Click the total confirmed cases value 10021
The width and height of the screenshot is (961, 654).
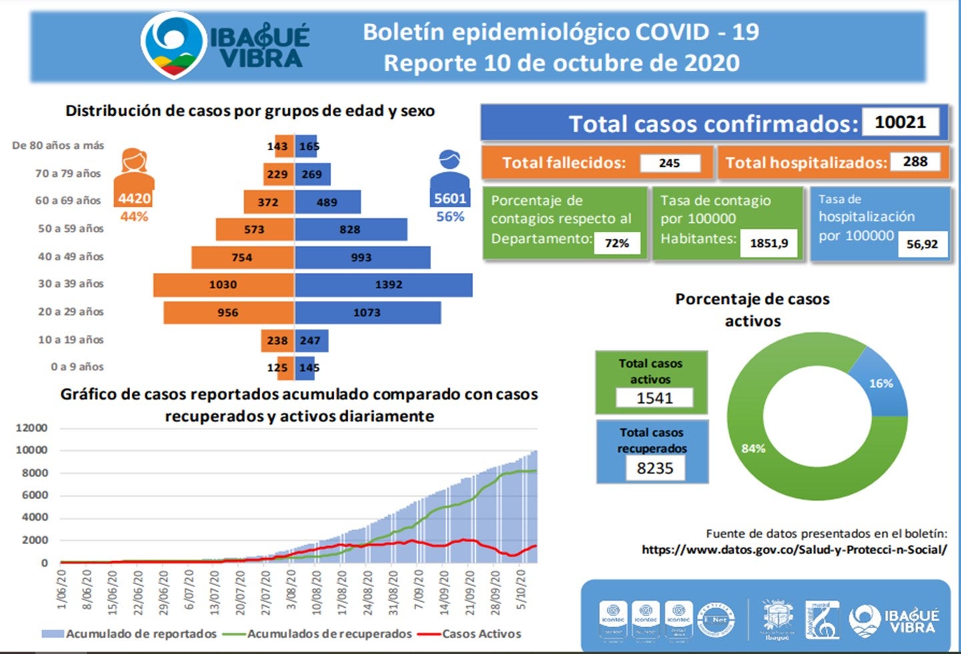(900, 122)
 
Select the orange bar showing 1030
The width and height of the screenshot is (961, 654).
(223, 285)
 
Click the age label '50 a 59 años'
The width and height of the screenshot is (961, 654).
(71, 229)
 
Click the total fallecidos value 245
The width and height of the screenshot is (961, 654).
(669, 163)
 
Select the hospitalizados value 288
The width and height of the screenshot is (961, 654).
(915, 161)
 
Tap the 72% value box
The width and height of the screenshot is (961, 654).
(617, 243)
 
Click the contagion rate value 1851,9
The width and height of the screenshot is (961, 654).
(769, 243)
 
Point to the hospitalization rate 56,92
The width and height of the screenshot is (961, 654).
(922, 244)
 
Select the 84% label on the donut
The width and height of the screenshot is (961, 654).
(753, 448)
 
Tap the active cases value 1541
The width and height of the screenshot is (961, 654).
(654, 398)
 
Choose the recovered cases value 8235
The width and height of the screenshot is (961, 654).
(655, 468)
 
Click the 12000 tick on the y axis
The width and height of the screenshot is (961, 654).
(31, 428)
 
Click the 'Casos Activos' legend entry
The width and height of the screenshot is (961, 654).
(481, 634)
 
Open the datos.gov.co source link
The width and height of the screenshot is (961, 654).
(794, 550)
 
